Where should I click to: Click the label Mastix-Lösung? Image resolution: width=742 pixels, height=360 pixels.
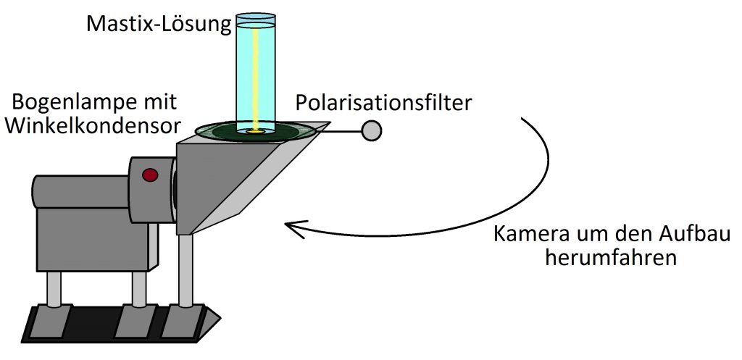pyautogui.click(x=159, y=24)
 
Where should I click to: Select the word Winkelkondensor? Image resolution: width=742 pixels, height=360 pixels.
pyautogui.click(x=93, y=126)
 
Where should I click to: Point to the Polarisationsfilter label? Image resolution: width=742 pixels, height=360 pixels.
pyautogui.click(x=384, y=103)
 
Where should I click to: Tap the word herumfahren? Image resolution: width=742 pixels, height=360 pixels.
pyautogui.click(x=610, y=259)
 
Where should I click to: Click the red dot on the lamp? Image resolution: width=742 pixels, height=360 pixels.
pyautogui.click(x=150, y=175)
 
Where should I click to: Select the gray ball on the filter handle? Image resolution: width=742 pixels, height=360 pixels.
pyautogui.click(x=372, y=130)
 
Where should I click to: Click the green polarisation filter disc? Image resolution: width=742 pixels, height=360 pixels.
pyautogui.click(x=256, y=132)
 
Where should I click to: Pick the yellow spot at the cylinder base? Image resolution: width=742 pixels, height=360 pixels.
pyautogui.click(x=256, y=132)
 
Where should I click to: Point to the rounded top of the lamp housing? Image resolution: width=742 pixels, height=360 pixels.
pyautogui.click(x=81, y=192)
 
